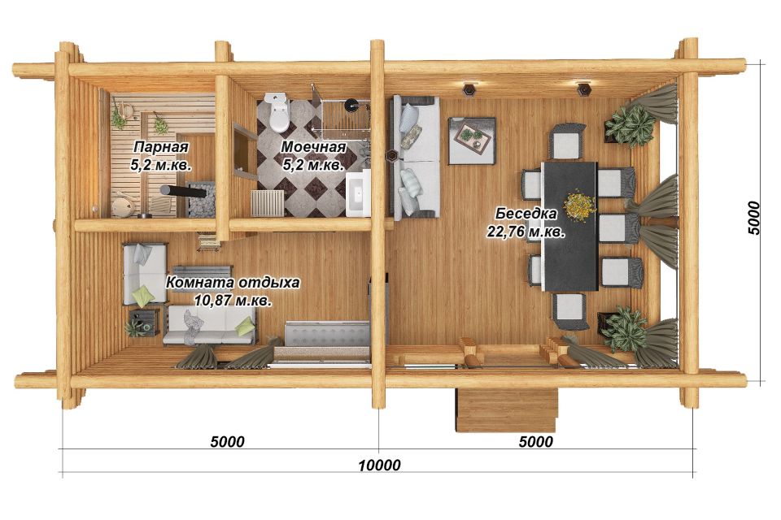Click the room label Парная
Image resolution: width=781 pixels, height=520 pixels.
(x=161, y=147)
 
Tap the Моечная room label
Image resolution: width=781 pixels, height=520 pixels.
(x=313, y=147)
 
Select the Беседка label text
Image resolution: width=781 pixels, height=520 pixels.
(x=526, y=214)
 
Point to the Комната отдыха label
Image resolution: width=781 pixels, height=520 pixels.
(x=233, y=283)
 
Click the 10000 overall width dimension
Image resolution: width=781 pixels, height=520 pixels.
(x=380, y=465)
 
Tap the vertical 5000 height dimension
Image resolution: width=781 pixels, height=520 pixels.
(x=754, y=218)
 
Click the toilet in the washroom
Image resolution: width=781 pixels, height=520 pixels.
(x=277, y=112)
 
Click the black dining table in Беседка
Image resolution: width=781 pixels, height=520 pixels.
(x=569, y=226)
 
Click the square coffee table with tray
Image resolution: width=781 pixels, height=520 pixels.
(x=472, y=141)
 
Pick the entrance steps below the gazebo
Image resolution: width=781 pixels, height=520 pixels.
(x=507, y=410)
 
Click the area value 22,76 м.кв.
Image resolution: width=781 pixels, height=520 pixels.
(x=526, y=232)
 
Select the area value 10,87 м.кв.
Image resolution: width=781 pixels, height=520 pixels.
(x=233, y=301)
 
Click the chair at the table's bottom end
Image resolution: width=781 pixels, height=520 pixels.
(x=569, y=311)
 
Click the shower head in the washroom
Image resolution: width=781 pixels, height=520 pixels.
(x=351, y=104)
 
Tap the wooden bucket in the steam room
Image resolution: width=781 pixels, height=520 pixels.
(x=121, y=206)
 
